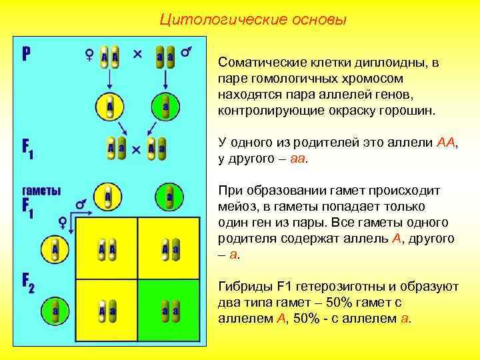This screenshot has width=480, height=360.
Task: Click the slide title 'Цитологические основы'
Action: pos(253,19)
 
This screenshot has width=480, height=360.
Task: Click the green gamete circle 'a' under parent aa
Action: pos(165,106)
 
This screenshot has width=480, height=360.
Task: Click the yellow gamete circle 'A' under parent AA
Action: pos(109,106)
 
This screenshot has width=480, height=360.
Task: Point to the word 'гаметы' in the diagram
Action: pos(41,190)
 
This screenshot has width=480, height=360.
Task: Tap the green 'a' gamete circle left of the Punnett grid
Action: pos(56,311)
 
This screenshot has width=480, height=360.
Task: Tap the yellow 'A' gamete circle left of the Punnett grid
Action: pos(56,249)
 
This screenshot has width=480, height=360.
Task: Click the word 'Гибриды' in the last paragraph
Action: pos(241,287)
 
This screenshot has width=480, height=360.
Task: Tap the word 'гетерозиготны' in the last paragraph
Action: pos(341,287)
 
